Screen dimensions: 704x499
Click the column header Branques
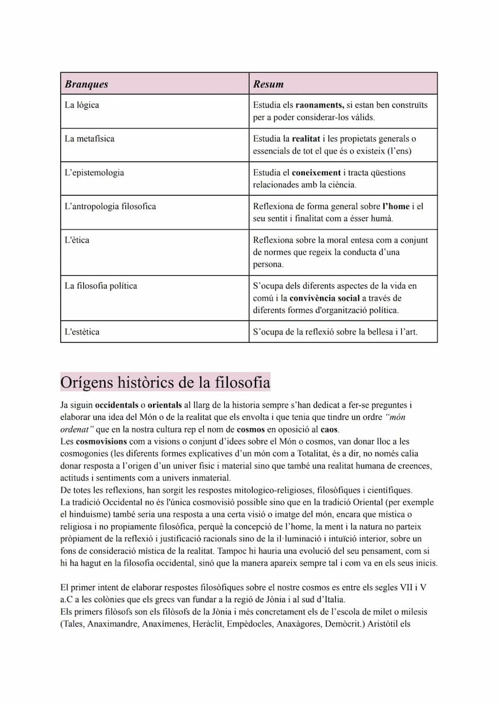point(87,84)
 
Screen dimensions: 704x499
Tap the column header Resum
point(268,84)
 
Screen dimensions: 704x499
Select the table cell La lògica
point(82,105)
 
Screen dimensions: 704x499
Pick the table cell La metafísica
point(89,139)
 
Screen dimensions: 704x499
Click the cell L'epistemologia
point(94,172)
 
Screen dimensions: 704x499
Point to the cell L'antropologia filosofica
point(110,206)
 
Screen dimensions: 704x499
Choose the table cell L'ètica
point(77,240)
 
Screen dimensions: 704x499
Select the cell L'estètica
point(82,331)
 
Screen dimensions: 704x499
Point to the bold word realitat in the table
point(306,139)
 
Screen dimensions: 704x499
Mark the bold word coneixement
point(321,172)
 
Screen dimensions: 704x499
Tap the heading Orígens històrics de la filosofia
point(165,382)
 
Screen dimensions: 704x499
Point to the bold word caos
point(329,429)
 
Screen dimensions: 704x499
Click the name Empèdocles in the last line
point(249,624)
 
